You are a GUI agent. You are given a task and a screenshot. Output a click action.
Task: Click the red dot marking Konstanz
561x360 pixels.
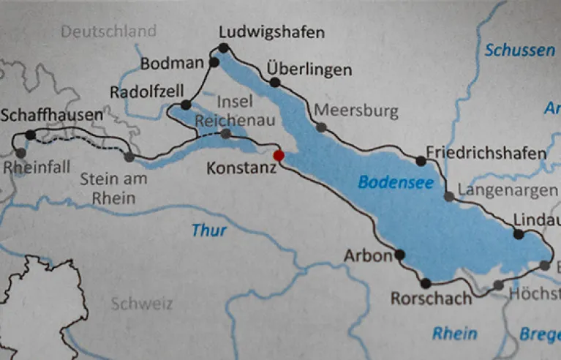(x=278, y=155)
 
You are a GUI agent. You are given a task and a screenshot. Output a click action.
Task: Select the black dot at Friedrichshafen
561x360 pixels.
(x=421, y=161)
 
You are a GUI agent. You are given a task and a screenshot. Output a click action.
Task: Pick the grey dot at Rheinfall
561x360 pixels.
(x=20, y=153)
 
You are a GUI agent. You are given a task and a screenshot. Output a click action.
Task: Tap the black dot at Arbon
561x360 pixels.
(x=399, y=255)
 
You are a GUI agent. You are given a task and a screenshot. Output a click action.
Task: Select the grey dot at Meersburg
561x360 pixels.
(x=320, y=127)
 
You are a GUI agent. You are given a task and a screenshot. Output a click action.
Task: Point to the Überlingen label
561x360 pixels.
(x=309, y=70)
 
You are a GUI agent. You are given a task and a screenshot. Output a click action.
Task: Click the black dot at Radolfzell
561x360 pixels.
(x=186, y=105)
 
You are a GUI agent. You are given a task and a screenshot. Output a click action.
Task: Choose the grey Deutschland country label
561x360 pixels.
(x=108, y=31)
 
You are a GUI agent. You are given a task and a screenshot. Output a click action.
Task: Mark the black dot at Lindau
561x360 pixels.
(x=519, y=235)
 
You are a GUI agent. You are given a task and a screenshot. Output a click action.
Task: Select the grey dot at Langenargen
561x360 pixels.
(x=448, y=196)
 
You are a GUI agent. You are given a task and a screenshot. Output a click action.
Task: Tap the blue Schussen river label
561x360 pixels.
(x=519, y=50)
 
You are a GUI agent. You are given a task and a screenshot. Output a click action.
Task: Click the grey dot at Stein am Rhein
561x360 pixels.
(x=129, y=157)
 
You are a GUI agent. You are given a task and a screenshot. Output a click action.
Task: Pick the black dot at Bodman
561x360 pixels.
(x=214, y=63)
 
